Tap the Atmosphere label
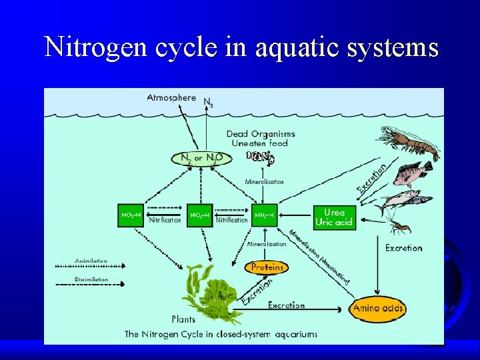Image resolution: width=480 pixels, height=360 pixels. pyautogui.click(x=171, y=97)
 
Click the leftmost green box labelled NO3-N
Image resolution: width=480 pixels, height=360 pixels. pyautogui.click(x=130, y=215)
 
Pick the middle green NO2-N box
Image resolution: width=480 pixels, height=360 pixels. pyautogui.click(x=200, y=215)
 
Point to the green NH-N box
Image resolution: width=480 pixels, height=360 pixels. pyautogui.click(x=265, y=215)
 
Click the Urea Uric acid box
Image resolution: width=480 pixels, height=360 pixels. pyautogui.click(x=334, y=217)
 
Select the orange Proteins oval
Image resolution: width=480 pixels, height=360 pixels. pyautogui.click(x=267, y=267)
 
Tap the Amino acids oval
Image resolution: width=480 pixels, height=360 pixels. pyautogui.click(x=378, y=309)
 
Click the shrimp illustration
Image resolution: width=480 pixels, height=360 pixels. pyautogui.click(x=413, y=143)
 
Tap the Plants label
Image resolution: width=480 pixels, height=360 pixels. pyautogui.click(x=184, y=319)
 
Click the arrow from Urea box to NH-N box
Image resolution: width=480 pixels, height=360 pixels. pyautogui.click(x=296, y=215)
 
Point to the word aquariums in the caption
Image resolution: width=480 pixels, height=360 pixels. pyautogui.click(x=294, y=333)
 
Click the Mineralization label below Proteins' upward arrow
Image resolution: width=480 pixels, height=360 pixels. pyautogui.click(x=267, y=244)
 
